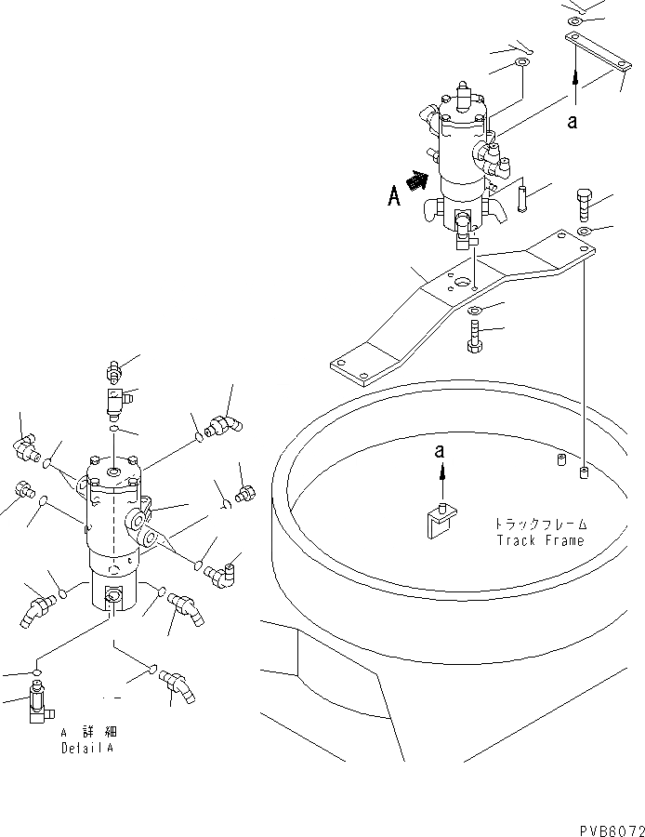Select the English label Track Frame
point(540,540)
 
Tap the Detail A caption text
point(90,747)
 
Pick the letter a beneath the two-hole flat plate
point(573,119)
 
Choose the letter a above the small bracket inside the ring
point(441,452)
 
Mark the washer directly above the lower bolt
point(473,310)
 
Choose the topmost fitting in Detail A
point(115,371)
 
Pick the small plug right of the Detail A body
point(245,493)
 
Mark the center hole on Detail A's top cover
point(113,474)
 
